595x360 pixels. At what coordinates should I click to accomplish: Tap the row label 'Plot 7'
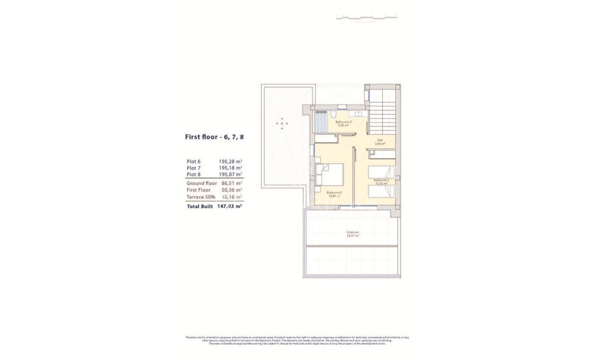point(195,168)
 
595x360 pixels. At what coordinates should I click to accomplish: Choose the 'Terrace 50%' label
point(200,197)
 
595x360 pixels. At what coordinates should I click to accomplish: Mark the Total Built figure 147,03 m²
point(229,207)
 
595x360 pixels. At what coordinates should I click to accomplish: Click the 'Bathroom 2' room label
point(343,122)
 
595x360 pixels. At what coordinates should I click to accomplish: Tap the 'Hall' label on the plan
point(380,141)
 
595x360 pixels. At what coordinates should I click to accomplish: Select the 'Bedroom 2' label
point(381,179)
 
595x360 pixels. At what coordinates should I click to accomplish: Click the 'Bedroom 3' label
point(335,191)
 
